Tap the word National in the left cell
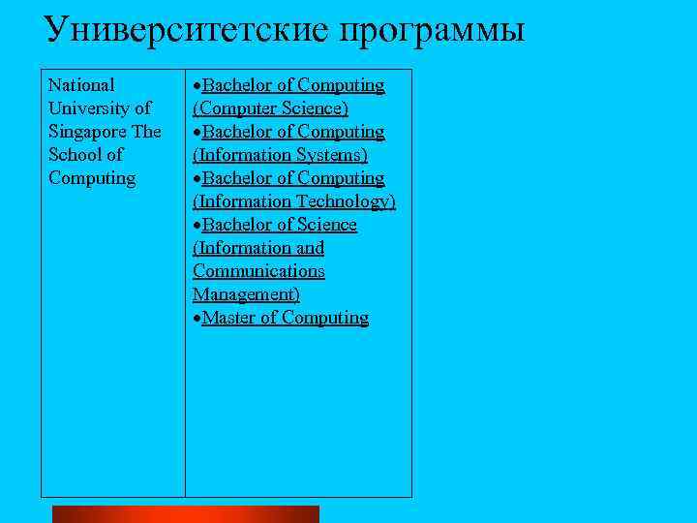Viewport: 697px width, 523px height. pos(81,85)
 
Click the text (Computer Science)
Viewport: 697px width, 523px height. pos(271,108)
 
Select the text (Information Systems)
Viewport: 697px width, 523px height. pos(280,155)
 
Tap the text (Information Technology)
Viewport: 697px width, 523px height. pos(294,201)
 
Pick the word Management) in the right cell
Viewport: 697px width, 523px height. pos(246,294)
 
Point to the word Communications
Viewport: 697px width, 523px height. pos(258,271)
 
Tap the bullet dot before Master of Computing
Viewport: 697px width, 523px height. pos(197,319)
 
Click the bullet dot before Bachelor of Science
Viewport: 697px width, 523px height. pos(197,226)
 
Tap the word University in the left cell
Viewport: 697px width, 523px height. pos(92,108)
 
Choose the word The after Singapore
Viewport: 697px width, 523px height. pos(148,132)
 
